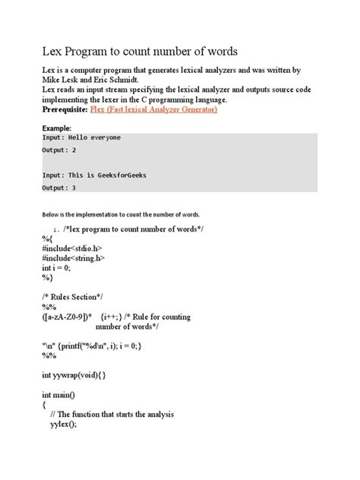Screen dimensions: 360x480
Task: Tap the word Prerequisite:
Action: (x=54, y=110)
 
